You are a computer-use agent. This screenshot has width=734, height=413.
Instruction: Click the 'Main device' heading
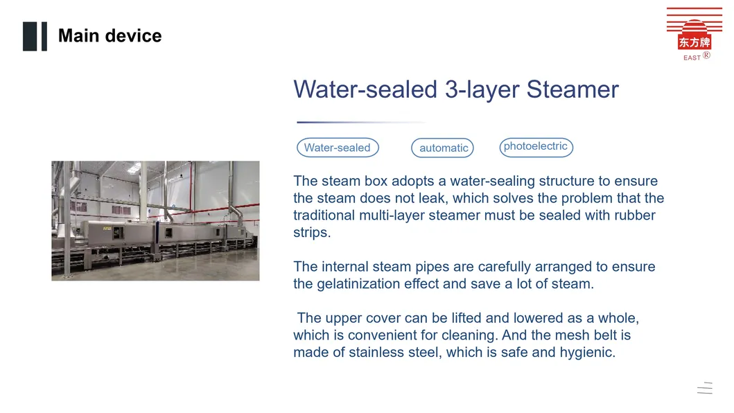(x=110, y=35)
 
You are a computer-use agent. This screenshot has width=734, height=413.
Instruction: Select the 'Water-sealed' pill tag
(x=338, y=148)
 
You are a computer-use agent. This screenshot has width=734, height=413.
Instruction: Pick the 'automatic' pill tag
(x=443, y=148)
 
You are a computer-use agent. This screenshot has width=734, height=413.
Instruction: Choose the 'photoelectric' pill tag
(x=536, y=147)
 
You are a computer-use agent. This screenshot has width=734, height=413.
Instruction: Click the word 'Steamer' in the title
(x=573, y=89)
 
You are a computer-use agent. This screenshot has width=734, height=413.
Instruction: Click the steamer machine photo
(x=155, y=220)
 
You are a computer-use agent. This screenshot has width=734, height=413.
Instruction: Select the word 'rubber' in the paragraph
(x=635, y=216)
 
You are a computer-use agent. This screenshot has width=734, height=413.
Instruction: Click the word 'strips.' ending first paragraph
(x=312, y=233)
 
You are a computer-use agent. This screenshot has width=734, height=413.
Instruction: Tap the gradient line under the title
(x=361, y=122)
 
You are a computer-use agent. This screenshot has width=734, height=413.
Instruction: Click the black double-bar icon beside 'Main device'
(x=35, y=37)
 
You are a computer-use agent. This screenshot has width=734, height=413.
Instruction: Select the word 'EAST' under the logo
(x=692, y=58)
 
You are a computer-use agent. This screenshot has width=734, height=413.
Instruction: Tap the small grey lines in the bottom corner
(x=704, y=388)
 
